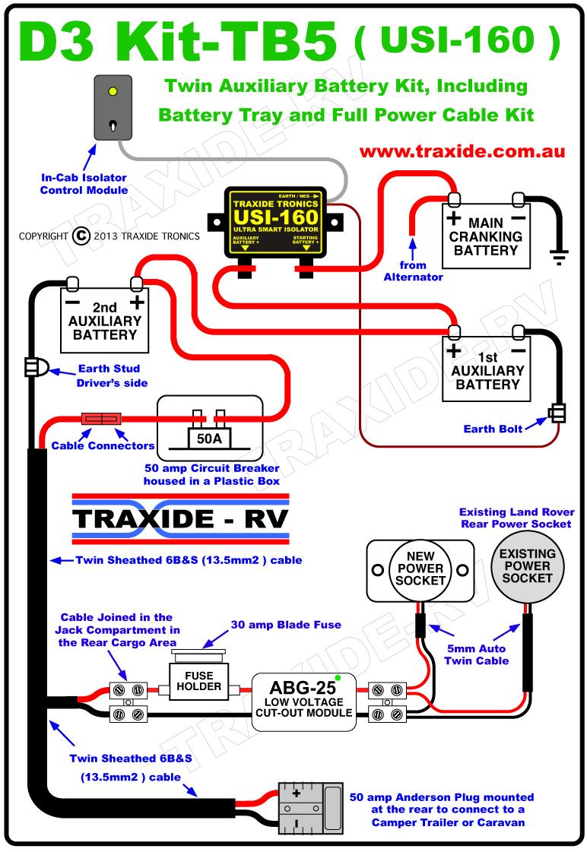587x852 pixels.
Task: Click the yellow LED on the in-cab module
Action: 113,93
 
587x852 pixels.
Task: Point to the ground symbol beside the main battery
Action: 560,258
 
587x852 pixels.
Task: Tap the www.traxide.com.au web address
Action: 462,151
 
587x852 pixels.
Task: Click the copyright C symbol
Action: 81,236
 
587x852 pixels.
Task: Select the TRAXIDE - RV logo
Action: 180,520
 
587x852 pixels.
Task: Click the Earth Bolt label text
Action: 493,429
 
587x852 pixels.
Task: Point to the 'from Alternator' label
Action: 413,271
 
